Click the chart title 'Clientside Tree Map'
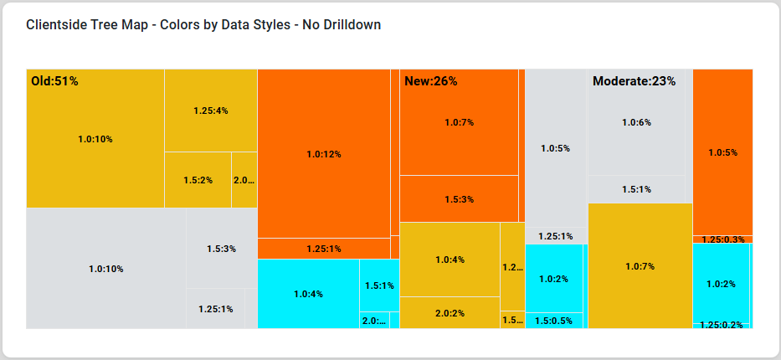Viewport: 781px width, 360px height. tap(203, 25)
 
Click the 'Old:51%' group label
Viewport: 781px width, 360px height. tap(54, 81)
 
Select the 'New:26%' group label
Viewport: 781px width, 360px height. tap(430, 81)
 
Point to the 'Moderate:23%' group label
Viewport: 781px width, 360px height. tap(634, 81)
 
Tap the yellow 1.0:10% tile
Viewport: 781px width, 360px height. tap(95, 139)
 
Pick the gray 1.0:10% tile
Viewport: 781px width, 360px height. tap(105, 269)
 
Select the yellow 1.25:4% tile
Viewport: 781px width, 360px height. tap(210, 111)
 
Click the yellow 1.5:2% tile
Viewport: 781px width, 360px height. tap(198, 180)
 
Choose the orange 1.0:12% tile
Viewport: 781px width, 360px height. tap(323, 154)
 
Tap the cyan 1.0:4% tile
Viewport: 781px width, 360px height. tap(308, 294)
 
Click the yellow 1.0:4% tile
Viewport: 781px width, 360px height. tap(450, 260)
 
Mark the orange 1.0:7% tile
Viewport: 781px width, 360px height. tap(459, 122)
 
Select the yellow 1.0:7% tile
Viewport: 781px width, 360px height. tap(640, 266)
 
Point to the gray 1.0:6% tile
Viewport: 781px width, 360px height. tap(636, 122)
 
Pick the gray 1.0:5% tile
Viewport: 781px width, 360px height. tap(555, 148)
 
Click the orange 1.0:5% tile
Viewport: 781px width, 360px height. tap(722, 152)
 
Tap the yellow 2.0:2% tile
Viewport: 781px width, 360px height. tap(450, 313)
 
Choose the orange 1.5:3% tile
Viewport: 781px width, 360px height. tap(459, 199)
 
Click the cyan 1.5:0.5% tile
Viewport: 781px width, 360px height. tap(553, 321)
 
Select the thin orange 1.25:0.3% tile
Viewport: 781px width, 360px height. tap(722, 239)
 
